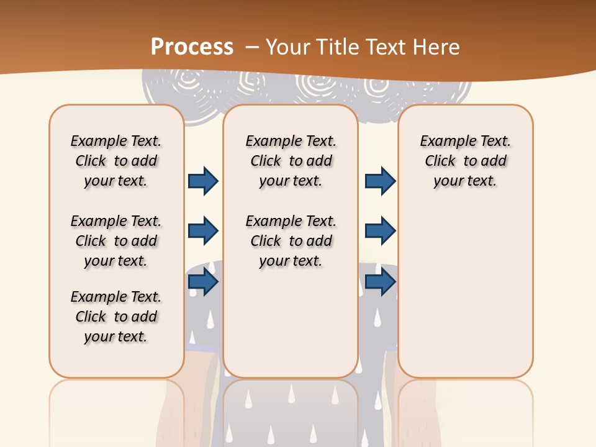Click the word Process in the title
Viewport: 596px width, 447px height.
192,47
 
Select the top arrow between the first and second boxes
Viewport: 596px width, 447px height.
203,181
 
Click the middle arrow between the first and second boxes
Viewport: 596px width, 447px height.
203,231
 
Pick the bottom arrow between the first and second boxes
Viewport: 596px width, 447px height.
203,282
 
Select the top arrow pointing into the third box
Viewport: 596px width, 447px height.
380,181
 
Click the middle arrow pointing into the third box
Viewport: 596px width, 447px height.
380,231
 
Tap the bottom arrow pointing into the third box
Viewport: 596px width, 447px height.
380,282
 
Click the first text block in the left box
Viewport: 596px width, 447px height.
116,161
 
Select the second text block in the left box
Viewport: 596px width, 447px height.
116,241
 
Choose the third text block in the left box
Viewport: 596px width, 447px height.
116,317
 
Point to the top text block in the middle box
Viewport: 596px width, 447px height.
291,161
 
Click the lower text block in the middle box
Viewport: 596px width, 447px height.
291,241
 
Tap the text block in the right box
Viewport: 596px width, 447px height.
466,161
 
